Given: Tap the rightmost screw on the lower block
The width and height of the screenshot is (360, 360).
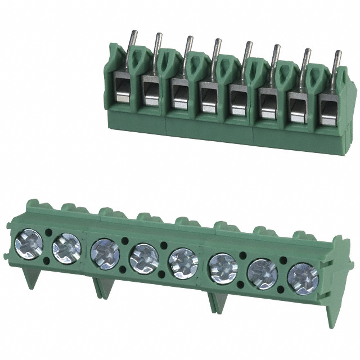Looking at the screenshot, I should pyautogui.click(x=303, y=278).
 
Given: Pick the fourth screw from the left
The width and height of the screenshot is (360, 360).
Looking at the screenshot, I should pyautogui.click(x=144, y=259).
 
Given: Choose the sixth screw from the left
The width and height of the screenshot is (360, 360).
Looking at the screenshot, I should pyautogui.click(x=223, y=268).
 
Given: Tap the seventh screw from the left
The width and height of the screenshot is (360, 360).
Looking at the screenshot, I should pyautogui.click(x=263, y=273).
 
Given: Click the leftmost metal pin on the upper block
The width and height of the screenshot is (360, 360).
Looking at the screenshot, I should pyautogui.click(x=128, y=42).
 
